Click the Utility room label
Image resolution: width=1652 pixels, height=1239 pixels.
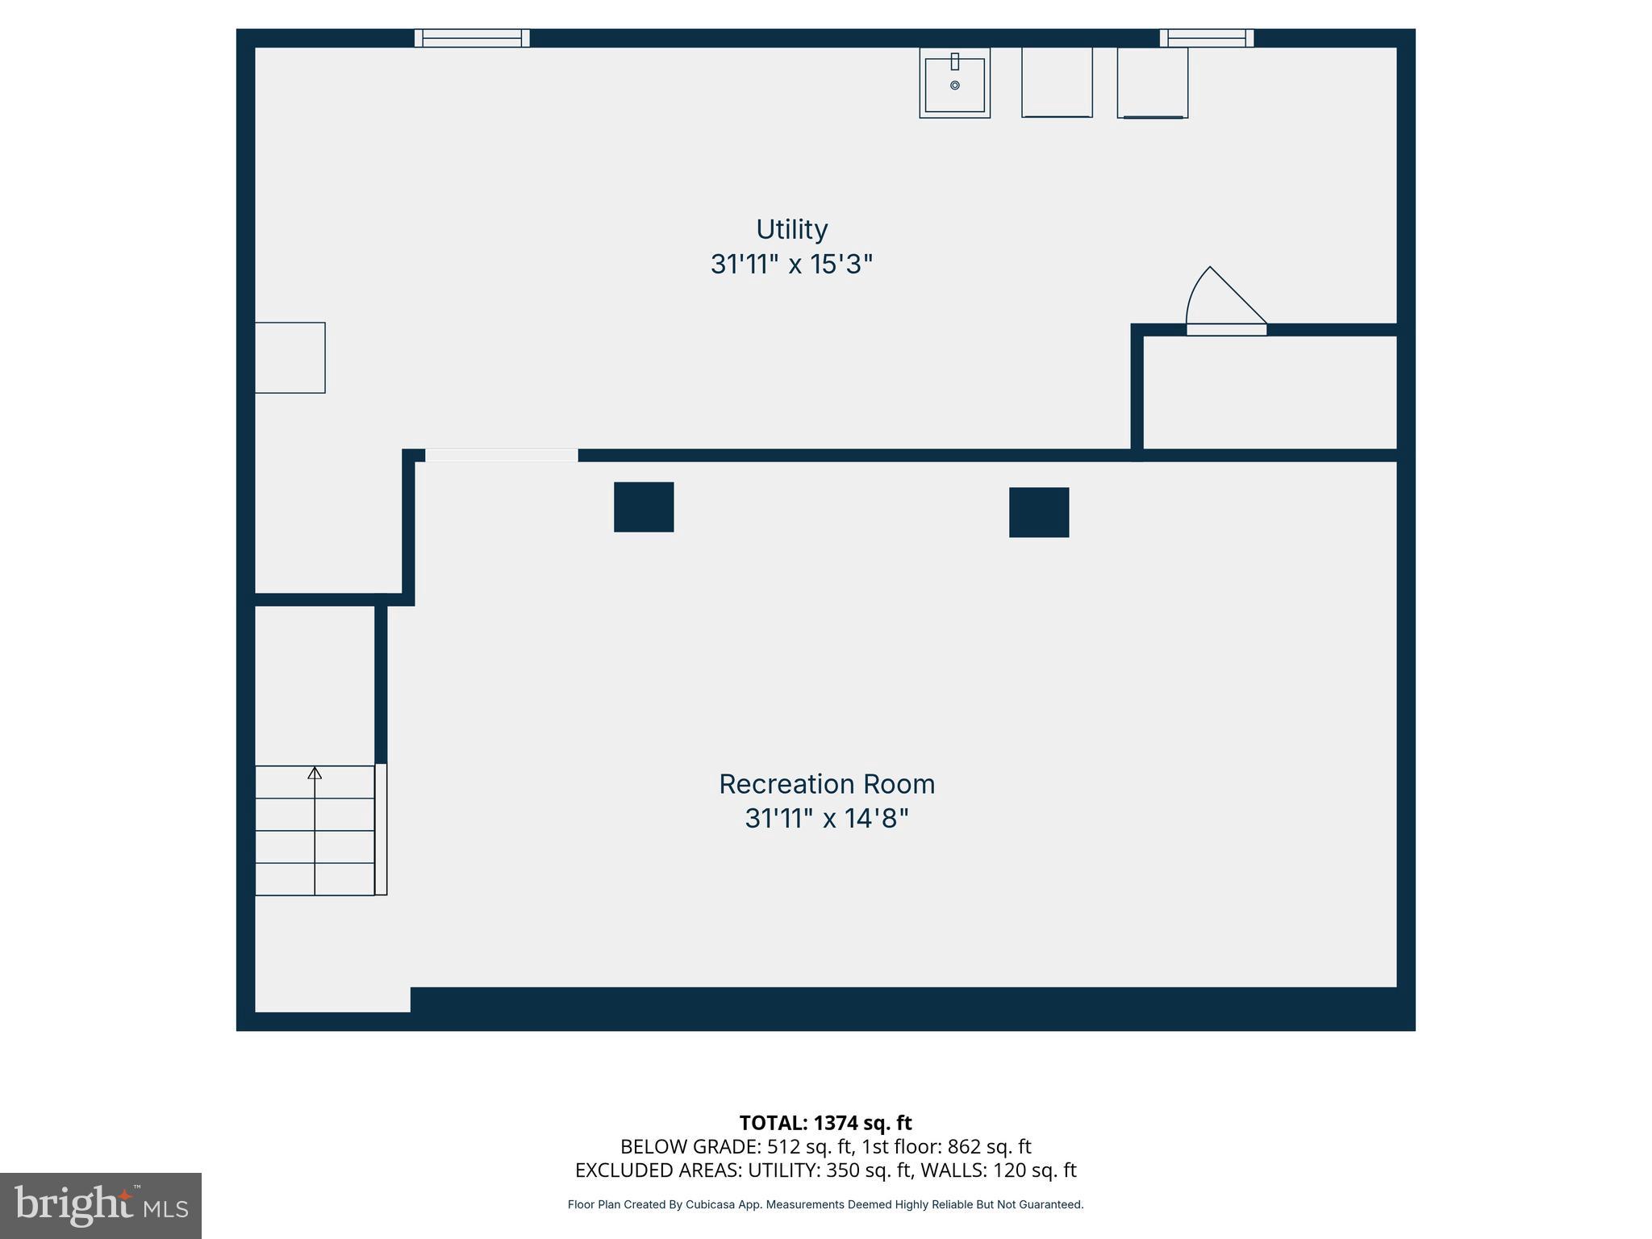(791, 230)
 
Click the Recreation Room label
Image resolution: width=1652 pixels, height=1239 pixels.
(826, 784)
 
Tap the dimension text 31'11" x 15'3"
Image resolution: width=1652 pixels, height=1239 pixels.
(791, 265)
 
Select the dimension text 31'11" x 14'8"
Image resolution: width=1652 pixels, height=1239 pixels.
(826, 819)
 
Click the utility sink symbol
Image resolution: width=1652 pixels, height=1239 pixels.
(954, 83)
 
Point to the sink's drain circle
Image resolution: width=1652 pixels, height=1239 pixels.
(954, 86)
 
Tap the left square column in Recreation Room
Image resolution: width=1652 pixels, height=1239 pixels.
(644, 507)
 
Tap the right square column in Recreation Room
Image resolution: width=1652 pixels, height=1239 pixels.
(1039, 512)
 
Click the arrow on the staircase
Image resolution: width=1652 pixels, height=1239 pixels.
(315, 774)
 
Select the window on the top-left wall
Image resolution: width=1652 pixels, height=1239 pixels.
(472, 38)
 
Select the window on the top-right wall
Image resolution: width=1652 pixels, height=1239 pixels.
(1207, 38)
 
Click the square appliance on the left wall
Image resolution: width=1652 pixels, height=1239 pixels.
(290, 358)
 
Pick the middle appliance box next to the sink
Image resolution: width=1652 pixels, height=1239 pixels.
(1057, 82)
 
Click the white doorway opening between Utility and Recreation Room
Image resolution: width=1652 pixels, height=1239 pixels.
(502, 456)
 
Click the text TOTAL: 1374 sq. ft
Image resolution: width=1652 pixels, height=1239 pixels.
(825, 1123)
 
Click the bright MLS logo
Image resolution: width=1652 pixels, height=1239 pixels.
(101, 1206)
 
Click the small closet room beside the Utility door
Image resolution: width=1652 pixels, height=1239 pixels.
(1270, 392)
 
